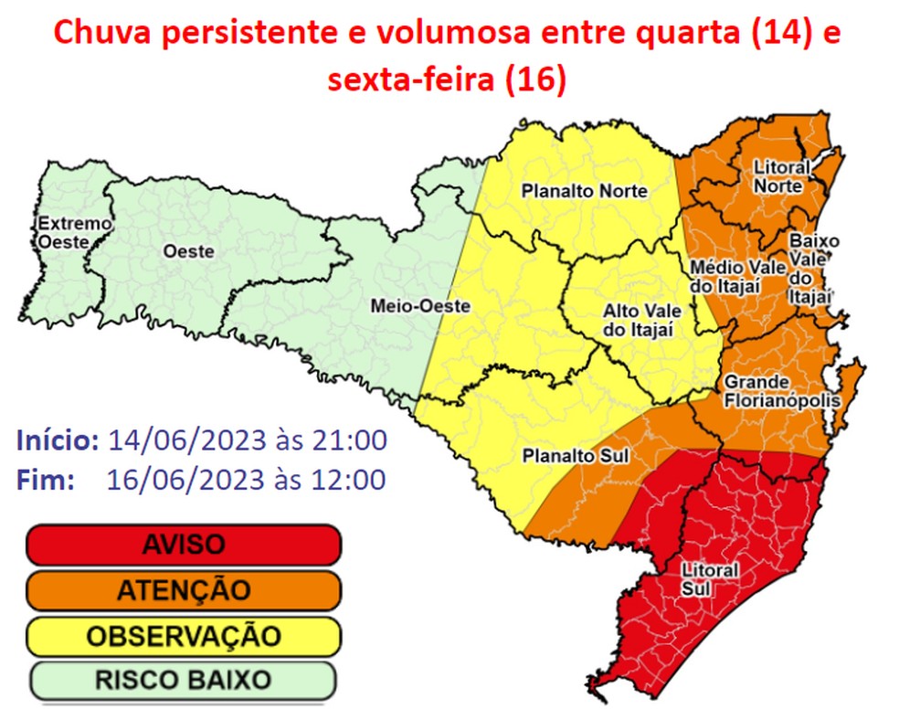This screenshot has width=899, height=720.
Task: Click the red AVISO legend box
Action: pyautogui.click(x=183, y=545)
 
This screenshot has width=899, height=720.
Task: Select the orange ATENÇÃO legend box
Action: pyautogui.click(x=183, y=590)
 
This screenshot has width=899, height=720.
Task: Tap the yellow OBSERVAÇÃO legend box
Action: pyautogui.click(x=183, y=636)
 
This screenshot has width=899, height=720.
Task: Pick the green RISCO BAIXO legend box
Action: pyautogui.click(x=183, y=681)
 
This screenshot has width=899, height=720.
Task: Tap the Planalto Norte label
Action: pyautogui.click(x=584, y=192)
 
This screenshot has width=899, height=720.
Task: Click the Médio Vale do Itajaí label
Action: pyautogui.click(x=725, y=277)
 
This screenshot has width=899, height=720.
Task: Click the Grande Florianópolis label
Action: pyautogui.click(x=777, y=390)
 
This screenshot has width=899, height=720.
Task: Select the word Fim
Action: pyautogui.click(x=45, y=479)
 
